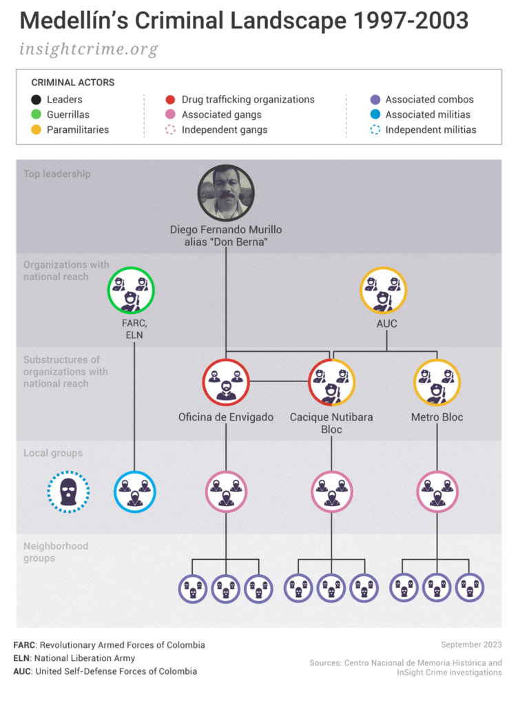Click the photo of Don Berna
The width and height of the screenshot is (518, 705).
226,193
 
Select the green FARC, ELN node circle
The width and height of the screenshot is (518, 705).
131,290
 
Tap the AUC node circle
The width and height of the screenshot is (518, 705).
384,290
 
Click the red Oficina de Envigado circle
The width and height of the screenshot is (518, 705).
226,382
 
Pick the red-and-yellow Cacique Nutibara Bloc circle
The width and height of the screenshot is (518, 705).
331,382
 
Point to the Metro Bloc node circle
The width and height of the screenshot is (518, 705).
437,382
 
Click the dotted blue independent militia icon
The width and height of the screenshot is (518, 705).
68,492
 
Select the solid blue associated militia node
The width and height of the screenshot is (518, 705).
134,492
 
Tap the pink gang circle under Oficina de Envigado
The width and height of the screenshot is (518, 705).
226,492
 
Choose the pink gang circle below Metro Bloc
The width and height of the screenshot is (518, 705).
437,492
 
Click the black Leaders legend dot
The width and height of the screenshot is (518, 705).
36,100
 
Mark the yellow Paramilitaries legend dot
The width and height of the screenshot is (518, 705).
36,129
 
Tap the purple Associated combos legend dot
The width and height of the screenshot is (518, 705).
375,100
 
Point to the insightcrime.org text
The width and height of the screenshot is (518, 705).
89,50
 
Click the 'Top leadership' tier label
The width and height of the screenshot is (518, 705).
57,174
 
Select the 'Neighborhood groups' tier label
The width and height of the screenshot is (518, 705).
56,552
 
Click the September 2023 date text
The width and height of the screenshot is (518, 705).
471,645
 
